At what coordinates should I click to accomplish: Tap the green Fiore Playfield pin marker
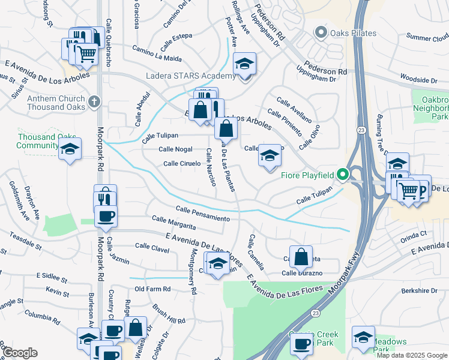[343, 175]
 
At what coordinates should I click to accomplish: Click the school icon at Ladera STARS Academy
[244, 64]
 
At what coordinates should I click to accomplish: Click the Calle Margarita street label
[173, 222]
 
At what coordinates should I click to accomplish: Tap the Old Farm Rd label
[152, 289]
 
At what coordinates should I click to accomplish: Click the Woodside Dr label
[419, 79]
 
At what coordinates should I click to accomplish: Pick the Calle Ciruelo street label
[181, 163]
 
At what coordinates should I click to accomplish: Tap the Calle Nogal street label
[175, 149]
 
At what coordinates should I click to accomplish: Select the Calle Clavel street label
[152, 246]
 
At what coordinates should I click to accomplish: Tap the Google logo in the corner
[20, 353]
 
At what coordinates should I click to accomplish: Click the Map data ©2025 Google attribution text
[412, 355]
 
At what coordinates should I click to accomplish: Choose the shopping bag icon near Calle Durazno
[301, 257]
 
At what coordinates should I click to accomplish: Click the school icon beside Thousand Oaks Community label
[70, 150]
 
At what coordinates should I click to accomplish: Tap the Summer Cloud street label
[427, 37]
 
